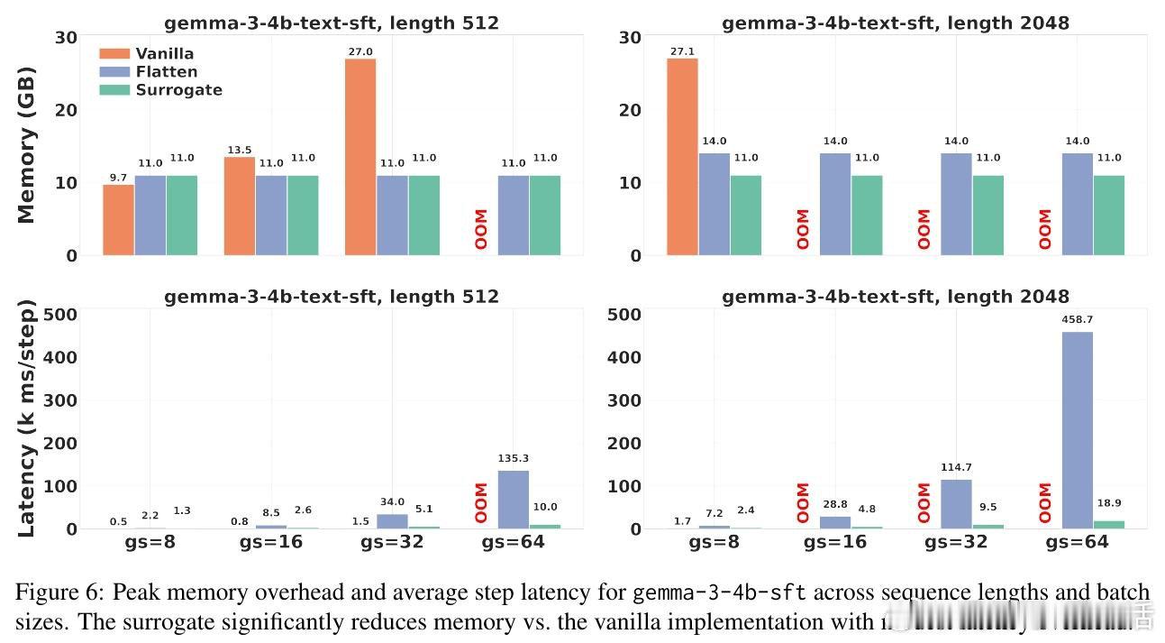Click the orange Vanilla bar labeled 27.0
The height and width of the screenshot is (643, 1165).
(x=360, y=157)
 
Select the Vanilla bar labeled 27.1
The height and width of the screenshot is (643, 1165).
(x=682, y=157)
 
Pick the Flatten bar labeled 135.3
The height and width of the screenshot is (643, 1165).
(x=514, y=500)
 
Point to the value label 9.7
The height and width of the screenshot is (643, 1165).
(x=118, y=178)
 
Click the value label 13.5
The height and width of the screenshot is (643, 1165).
(x=240, y=150)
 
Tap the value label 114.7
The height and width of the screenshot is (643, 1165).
(x=956, y=467)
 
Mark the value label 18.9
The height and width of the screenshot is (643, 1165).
(x=1109, y=503)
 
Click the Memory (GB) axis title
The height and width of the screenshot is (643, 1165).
(x=27, y=144)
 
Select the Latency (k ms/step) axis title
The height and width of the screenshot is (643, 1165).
(x=27, y=422)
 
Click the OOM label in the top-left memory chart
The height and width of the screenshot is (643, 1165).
(x=481, y=230)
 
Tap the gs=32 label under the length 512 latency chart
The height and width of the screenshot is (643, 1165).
(x=391, y=542)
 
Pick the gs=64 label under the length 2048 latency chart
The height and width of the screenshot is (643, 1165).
(x=1077, y=542)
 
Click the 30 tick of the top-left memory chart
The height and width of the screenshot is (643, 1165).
(x=65, y=38)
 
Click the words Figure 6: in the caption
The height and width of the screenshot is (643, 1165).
(x=57, y=592)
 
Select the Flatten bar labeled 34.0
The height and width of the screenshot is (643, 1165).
(x=392, y=521)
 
